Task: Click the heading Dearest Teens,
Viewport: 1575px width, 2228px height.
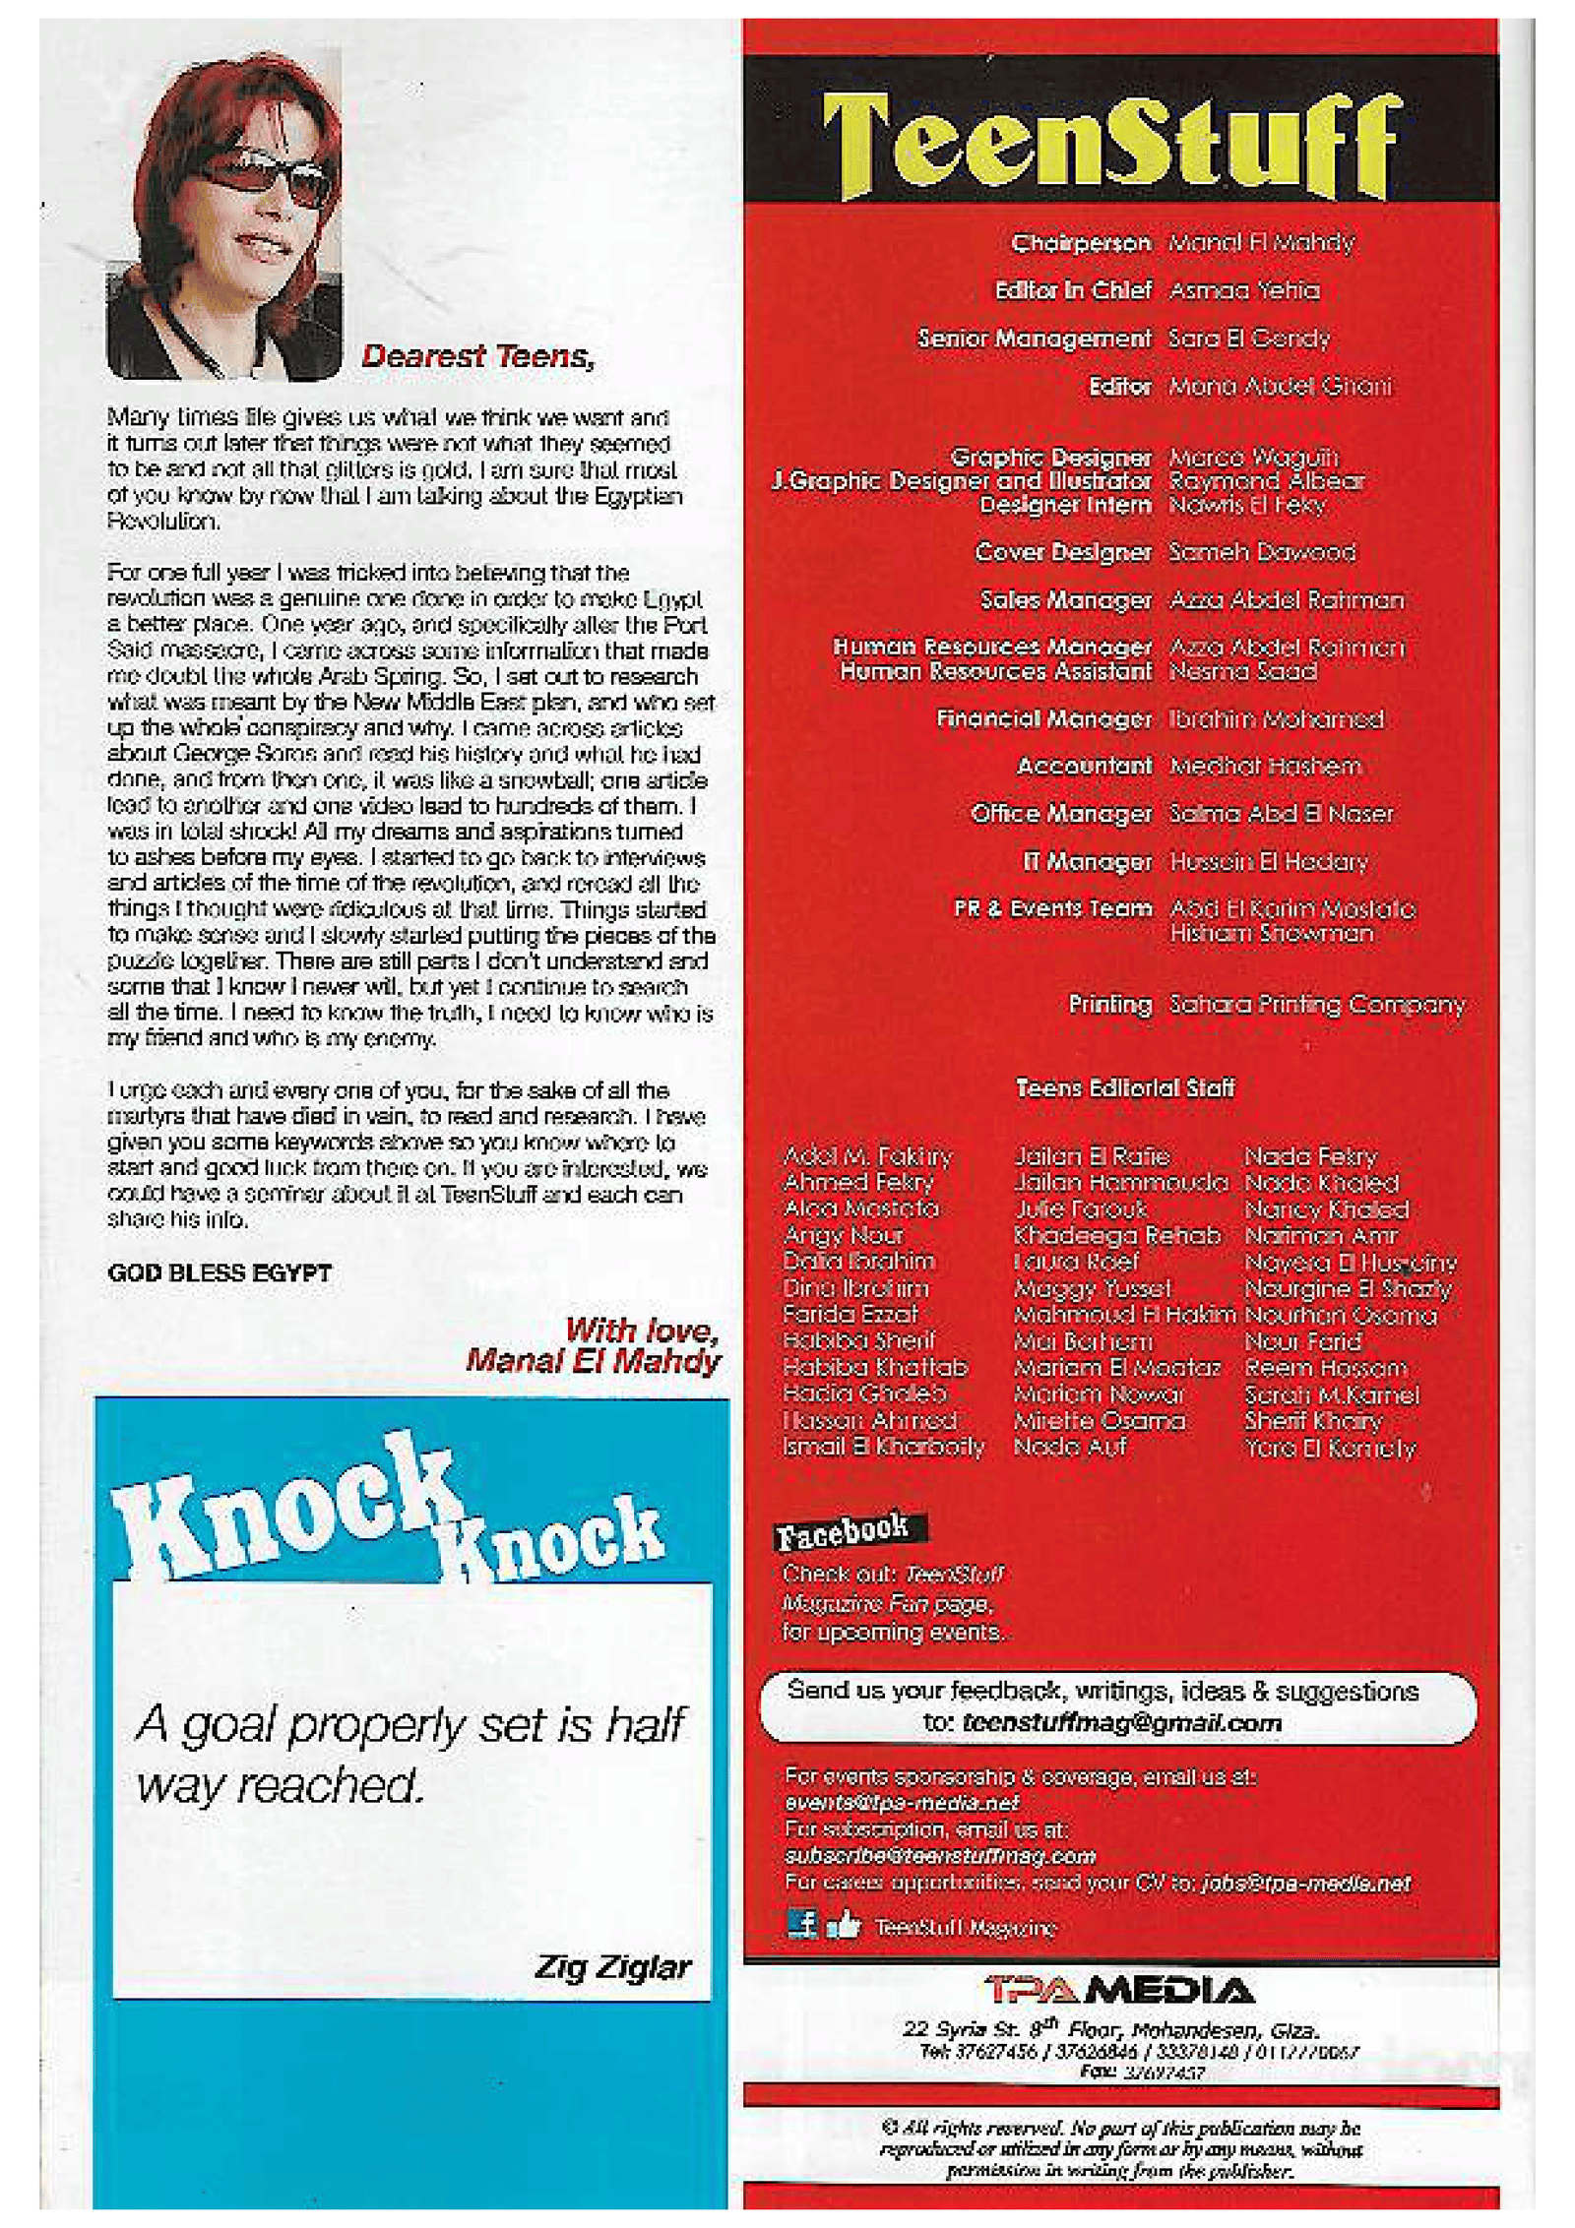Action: click(477, 356)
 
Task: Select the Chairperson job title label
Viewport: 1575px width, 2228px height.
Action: click(1080, 243)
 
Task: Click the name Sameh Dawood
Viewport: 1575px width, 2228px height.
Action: click(1261, 552)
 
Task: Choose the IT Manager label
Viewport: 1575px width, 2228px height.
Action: click(1086, 862)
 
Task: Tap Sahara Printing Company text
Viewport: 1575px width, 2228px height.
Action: click(1316, 1005)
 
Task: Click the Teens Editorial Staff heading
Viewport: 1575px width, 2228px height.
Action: click(1124, 1088)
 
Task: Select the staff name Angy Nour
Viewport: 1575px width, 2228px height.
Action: click(843, 1235)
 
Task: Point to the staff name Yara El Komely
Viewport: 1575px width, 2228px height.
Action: click(1329, 1448)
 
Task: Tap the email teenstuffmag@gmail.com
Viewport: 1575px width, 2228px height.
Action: click(1122, 1723)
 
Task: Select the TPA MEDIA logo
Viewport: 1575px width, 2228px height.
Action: click(1119, 1991)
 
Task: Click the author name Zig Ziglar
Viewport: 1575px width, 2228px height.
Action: click(611, 1967)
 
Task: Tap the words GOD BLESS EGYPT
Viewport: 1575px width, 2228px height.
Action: click(220, 1272)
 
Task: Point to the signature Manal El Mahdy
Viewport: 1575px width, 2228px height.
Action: click(594, 1361)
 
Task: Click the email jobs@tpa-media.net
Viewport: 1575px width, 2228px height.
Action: click(1305, 1883)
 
